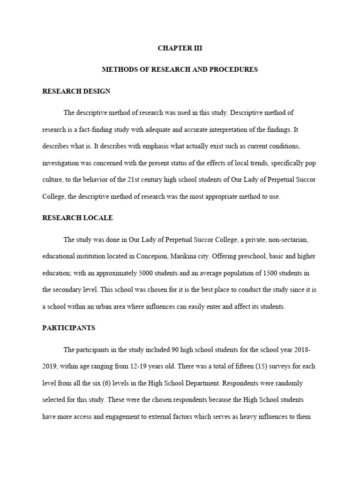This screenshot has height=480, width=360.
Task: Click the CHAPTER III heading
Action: click(180, 48)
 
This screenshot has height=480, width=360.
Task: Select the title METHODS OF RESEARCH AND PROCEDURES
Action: click(180, 69)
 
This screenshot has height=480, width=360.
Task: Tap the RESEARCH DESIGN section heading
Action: click(76, 91)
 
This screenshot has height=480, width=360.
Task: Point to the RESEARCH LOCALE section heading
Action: click(77, 218)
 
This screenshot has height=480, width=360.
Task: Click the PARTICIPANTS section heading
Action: click(68, 328)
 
